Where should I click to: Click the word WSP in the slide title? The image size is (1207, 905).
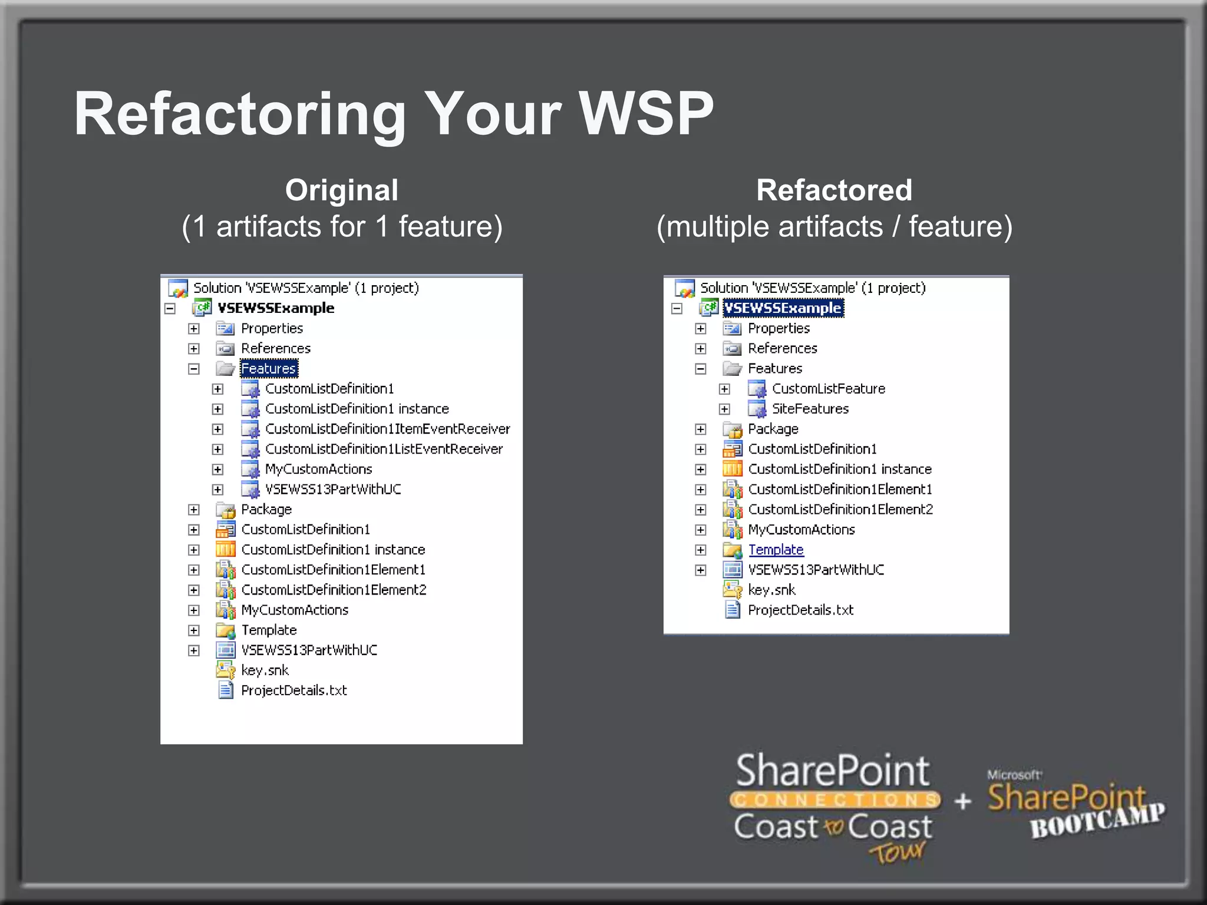646,114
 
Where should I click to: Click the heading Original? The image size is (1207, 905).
342,190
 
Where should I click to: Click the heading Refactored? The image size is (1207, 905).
834,190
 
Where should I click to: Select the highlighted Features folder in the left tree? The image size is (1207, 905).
269,369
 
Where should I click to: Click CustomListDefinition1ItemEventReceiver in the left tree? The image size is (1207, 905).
387,429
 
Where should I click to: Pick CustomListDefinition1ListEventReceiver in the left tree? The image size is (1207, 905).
384,449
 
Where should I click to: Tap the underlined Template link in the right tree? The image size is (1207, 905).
776,550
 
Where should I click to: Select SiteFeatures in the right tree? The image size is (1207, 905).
810,409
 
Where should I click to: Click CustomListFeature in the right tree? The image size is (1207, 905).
828,389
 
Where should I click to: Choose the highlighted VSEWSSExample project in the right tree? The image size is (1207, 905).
783,308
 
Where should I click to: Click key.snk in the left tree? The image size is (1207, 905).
265,671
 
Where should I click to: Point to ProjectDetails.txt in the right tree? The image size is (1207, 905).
800,610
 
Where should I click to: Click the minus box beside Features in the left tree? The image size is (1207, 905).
194,369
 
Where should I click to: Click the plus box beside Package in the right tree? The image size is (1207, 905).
701,430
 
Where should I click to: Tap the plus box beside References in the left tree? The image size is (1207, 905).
194,349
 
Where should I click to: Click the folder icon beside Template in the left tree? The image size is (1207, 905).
225,630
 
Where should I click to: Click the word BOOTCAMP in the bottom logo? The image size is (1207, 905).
1097,821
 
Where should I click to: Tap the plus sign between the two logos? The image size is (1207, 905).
963,801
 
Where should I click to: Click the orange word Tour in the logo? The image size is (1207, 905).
897,852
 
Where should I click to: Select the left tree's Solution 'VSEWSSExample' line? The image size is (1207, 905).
305,288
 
